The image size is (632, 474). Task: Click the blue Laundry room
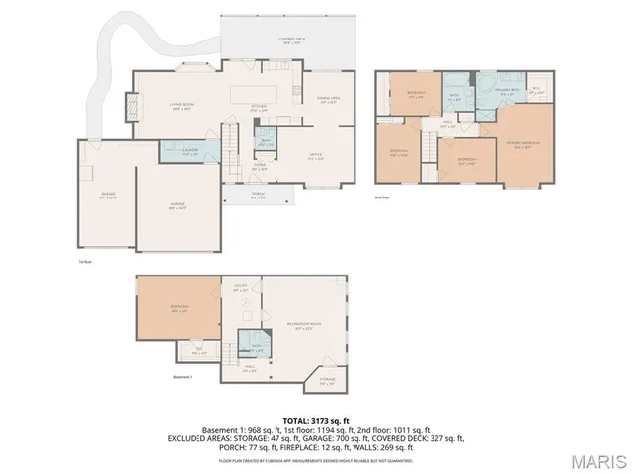coord(191,152)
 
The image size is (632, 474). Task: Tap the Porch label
coord(258,195)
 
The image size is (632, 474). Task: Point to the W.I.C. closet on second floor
coord(536,91)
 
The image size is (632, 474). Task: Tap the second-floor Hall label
coord(447,123)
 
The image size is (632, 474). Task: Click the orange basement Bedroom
coord(179,307)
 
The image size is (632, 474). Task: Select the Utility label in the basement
coord(240,290)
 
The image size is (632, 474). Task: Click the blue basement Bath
coord(255,348)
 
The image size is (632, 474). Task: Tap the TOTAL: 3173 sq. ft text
coord(316,421)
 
